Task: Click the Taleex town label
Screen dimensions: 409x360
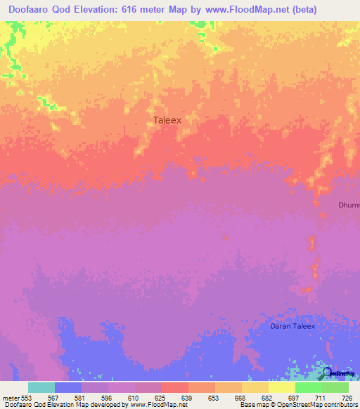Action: pos(167,120)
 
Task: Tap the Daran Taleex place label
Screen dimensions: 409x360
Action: pos(293,326)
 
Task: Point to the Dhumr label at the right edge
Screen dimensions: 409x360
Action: pos(348,205)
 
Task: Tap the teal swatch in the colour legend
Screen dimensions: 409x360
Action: pos(41,387)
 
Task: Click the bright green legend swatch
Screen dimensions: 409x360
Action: pos(308,387)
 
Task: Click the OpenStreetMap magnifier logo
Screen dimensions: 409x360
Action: pos(326,374)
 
